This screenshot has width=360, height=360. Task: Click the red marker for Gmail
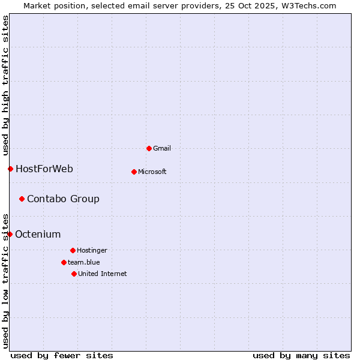[x=149, y=148]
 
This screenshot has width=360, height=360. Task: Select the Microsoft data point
[x=134, y=172]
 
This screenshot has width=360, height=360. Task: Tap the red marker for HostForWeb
[x=10, y=169]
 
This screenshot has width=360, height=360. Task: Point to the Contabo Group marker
[x=22, y=199]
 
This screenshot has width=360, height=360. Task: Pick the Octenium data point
[x=10, y=234]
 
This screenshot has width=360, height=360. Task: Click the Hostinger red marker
[x=73, y=250]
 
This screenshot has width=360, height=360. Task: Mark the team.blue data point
[x=64, y=262]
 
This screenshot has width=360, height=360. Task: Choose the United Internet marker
[x=74, y=274]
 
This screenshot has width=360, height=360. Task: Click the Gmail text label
[x=162, y=148]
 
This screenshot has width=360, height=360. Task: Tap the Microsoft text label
[x=152, y=172]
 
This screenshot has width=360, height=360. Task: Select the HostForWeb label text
[x=44, y=169]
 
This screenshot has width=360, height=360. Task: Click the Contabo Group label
[x=63, y=199]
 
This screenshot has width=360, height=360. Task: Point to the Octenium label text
[x=38, y=234]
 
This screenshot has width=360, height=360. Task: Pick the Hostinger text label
[x=92, y=250]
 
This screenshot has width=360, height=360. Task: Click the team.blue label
[x=84, y=262]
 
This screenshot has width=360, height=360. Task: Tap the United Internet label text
[x=103, y=274]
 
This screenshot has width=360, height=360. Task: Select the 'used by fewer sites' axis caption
[x=62, y=355]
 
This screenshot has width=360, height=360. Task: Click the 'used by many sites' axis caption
[x=301, y=355]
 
